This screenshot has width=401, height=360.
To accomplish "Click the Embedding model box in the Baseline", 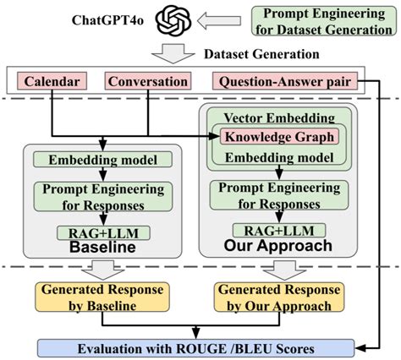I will [x=101, y=160].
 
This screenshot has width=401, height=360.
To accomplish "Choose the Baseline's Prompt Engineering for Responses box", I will [x=101, y=196].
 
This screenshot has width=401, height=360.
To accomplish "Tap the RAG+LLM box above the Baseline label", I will [x=101, y=232].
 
